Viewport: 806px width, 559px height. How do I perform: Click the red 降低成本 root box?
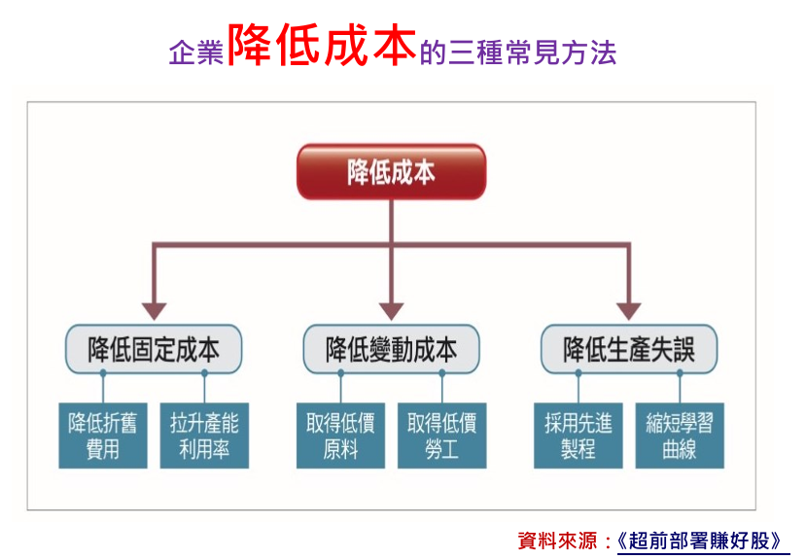coord(391,172)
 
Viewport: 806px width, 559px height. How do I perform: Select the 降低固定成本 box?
coord(154,349)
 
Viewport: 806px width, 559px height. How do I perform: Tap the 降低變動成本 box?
coord(391,349)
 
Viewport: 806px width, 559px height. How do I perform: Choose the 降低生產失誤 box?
coord(629,349)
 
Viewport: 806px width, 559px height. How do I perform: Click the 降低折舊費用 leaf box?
coord(103,436)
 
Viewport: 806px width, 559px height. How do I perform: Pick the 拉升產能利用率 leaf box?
coord(204,436)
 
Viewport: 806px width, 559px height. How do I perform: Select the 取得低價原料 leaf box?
coord(340,436)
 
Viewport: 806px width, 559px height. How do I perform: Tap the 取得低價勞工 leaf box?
coord(442,436)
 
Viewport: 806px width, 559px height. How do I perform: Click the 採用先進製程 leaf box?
coord(578,436)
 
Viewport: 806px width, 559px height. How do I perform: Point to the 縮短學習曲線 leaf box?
coord(680,436)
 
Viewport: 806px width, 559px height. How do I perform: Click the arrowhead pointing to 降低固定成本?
coord(155,311)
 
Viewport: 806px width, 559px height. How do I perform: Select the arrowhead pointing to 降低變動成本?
coord(391,311)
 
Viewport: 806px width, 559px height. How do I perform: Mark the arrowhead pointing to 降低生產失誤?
coord(628,311)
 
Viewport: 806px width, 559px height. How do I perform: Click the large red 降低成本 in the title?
coord(321,46)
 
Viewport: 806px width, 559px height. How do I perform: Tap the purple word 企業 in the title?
coord(196,52)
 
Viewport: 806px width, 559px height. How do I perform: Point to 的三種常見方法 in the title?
coord(518,52)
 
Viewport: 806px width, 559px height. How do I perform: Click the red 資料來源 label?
coord(557,541)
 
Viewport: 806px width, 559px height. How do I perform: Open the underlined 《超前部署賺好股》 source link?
coord(699,542)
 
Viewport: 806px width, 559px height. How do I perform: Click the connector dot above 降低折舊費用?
coord(103,373)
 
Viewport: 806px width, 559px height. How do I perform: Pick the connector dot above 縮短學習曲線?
coord(680,373)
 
